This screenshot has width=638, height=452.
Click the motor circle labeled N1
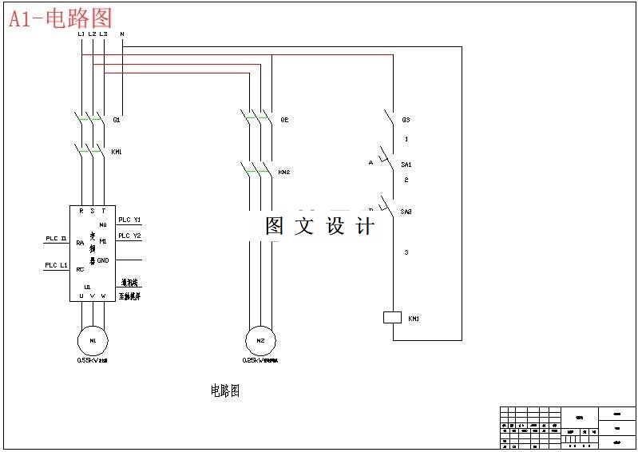click(x=93, y=340)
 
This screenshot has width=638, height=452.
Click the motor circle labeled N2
click(x=260, y=340)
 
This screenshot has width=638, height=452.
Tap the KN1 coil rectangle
click(x=392, y=317)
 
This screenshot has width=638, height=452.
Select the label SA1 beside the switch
click(x=406, y=164)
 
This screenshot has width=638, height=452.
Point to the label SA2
click(x=406, y=212)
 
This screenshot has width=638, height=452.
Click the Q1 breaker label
click(x=117, y=120)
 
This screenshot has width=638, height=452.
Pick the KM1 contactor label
click(x=117, y=151)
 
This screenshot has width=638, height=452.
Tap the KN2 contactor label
click(x=283, y=172)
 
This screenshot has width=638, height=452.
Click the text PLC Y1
click(x=129, y=220)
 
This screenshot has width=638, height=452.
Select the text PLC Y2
click(x=129, y=236)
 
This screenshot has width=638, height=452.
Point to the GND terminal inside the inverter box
click(x=103, y=260)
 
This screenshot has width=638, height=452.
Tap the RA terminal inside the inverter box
click(x=80, y=242)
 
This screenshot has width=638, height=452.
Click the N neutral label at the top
click(x=121, y=34)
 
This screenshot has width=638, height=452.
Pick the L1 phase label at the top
click(x=81, y=34)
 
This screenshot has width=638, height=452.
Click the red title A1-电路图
click(x=61, y=18)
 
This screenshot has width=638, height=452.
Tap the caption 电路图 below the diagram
click(x=224, y=391)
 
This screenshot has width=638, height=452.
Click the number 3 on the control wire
click(x=406, y=252)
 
